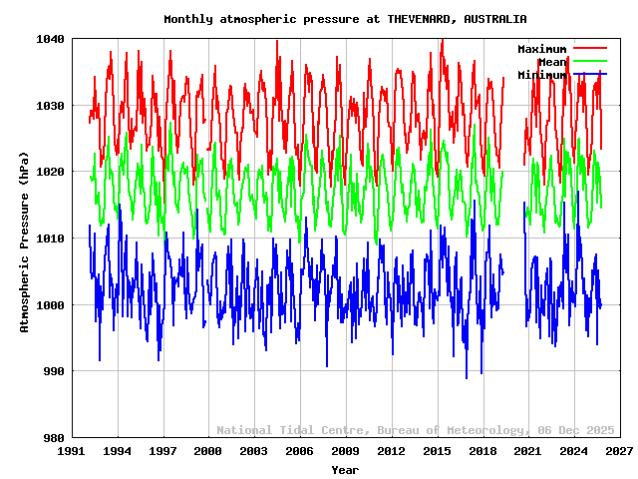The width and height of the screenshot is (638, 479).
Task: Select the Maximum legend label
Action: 541,49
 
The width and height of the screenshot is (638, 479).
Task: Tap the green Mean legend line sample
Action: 589,62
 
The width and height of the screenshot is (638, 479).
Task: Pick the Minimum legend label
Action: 541,75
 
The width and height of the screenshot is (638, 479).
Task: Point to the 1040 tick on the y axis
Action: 49,39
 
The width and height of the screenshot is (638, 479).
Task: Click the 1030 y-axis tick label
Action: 49,106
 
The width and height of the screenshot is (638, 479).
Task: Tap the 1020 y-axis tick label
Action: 49,172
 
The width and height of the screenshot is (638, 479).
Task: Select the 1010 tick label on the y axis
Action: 49,239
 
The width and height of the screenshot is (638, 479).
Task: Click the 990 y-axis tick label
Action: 52,371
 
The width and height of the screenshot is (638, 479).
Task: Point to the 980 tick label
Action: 52,438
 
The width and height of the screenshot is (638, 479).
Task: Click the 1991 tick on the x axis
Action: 72,452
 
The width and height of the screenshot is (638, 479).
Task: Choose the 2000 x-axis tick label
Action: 208,452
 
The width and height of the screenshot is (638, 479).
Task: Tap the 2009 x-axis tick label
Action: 345,452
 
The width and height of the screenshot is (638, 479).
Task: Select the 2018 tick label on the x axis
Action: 482,452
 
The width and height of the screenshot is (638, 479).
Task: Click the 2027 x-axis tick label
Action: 619,452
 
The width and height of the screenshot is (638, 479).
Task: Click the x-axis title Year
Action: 345,470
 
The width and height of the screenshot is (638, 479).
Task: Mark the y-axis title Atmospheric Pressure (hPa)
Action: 25,239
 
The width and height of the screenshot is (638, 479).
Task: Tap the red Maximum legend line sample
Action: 589,49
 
